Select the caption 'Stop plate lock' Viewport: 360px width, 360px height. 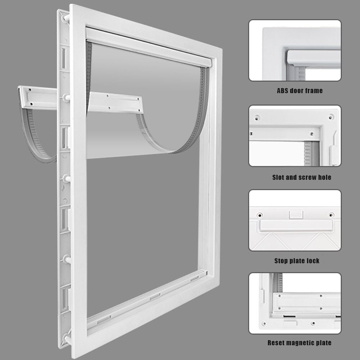pyautogui.click(x=297, y=261)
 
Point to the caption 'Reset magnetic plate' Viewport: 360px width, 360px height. pyautogui.click(x=299, y=343)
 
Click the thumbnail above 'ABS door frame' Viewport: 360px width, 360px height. pyautogui.click(x=295, y=50)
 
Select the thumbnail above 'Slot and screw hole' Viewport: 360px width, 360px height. pyautogui.click(x=295, y=136)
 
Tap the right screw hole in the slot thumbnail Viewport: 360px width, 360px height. pyautogui.click(x=331, y=117)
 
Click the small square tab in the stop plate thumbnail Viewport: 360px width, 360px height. pyautogui.click(x=296, y=215)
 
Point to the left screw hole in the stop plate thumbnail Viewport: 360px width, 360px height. pyautogui.click(x=259, y=215)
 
